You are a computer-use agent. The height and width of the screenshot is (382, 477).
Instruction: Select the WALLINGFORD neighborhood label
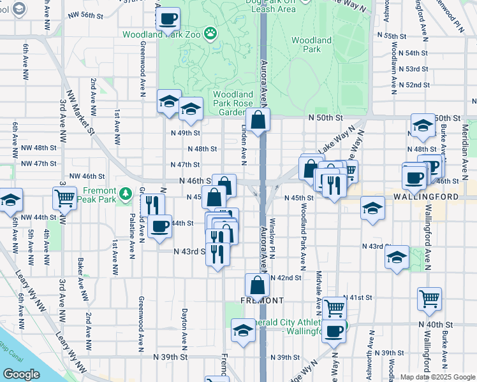point(425,197)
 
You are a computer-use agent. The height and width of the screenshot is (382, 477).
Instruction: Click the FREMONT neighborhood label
point(262,300)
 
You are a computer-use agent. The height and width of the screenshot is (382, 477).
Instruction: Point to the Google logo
point(21,374)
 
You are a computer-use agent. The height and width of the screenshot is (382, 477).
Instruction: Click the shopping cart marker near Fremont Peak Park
point(65,198)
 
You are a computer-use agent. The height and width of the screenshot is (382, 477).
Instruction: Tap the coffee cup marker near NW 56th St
point(168,20)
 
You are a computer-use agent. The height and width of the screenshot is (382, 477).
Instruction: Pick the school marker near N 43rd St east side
point(397,257)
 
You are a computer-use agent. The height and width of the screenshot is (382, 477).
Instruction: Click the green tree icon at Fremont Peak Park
point(126,192)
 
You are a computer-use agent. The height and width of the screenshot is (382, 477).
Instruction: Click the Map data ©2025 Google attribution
point(437,377)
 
